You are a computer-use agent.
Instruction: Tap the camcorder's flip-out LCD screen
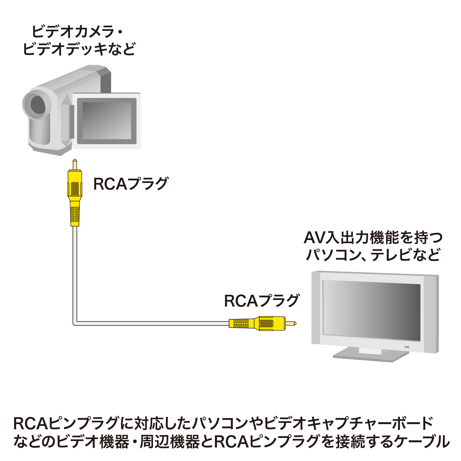[x=107, y=121]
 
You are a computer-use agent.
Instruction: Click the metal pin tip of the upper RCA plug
[x=75, y=165]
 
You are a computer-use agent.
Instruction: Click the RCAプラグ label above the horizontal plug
[x=262, y=301]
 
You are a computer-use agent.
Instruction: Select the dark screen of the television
[x=371, y=311]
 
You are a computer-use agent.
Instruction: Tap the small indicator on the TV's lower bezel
[x=407, y=347]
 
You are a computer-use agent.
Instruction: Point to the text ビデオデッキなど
[x=79, y=49]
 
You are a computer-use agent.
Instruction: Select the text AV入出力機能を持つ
[x=373, y=238]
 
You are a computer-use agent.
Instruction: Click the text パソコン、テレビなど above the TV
[x=373, y=255]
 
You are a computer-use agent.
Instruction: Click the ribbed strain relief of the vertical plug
[x=75, y=214]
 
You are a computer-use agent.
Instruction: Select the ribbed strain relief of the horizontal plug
[x=241, y=323]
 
